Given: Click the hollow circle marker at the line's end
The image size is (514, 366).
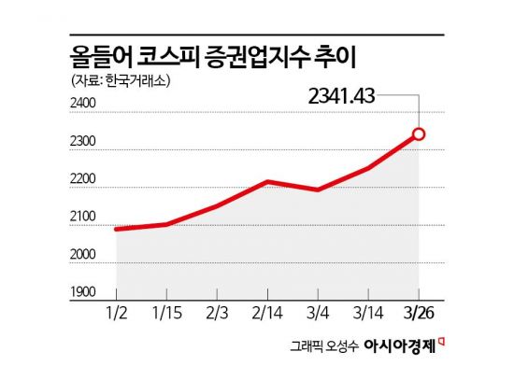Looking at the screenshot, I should [419, 134].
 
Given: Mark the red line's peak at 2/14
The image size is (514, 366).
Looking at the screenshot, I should [267, 181].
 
